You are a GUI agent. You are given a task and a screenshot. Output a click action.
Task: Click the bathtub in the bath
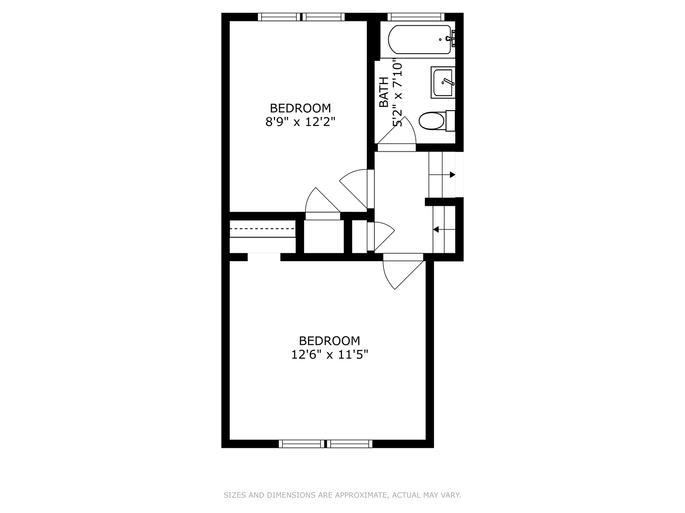coord(420,39)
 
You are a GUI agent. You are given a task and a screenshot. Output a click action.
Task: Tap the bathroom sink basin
coord(442,83)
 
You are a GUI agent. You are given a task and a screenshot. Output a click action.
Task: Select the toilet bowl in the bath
coord(431,121)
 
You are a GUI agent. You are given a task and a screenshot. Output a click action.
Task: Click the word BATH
coord(383,92)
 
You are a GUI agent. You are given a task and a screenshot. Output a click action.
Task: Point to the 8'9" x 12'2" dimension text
coord(300,122)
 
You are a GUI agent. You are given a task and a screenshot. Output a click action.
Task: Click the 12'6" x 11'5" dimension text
coord(330,354)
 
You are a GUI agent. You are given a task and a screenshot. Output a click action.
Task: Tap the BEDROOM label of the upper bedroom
coord(300,108)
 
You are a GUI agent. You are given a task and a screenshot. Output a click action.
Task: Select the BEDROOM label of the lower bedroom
coord(330,341)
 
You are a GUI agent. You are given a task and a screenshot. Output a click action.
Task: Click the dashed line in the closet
coord(262,228)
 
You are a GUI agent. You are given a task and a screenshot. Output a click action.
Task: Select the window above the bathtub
coord(416,17)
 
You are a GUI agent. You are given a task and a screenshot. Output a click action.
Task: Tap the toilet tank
coord(450,121)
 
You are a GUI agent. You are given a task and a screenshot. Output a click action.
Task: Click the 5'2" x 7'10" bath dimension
coord(397,94)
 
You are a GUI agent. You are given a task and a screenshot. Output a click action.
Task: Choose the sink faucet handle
coord(448,82)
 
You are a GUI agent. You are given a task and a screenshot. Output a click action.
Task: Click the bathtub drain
coord(440,39)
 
